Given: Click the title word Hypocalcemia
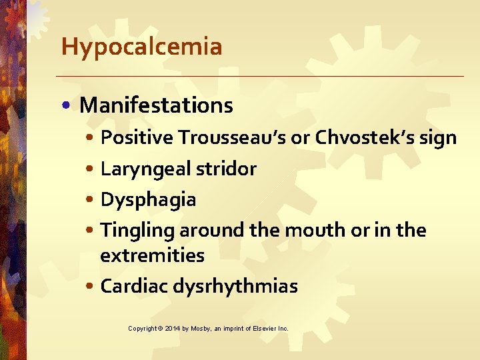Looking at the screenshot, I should coord(141,47).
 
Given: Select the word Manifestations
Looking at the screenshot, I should coord(156,105).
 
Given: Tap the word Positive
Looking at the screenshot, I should coord(137,138).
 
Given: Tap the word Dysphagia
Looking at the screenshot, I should coord(148,200).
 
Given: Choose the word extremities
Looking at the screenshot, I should coord(152,255).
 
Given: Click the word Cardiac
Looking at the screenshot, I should coord(134,286).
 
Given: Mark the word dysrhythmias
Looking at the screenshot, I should coord(235,287).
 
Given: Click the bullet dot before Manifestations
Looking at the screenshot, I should coord(69,106).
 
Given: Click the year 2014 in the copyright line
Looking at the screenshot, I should coord(171,329).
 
